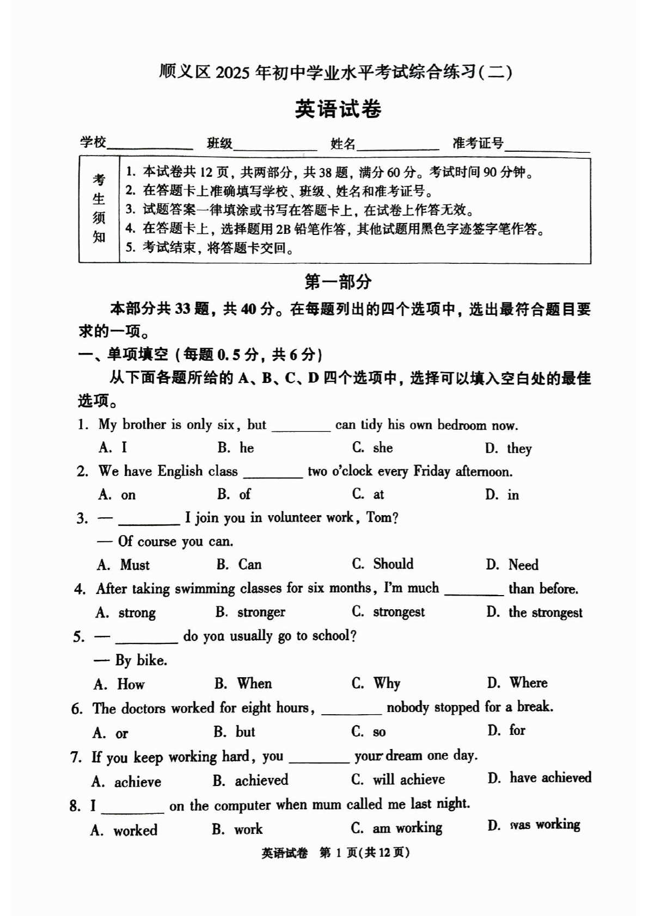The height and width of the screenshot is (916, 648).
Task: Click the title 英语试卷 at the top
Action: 338,109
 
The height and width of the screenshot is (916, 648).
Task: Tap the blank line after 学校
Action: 150,145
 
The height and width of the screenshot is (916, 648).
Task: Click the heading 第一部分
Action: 338,282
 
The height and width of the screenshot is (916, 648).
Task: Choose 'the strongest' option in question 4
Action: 545,612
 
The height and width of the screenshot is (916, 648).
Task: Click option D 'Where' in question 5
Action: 528,683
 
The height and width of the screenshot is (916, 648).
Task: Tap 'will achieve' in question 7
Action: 408,779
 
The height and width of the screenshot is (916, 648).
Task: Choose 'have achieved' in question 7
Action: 550,778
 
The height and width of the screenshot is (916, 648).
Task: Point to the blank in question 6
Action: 351,708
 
